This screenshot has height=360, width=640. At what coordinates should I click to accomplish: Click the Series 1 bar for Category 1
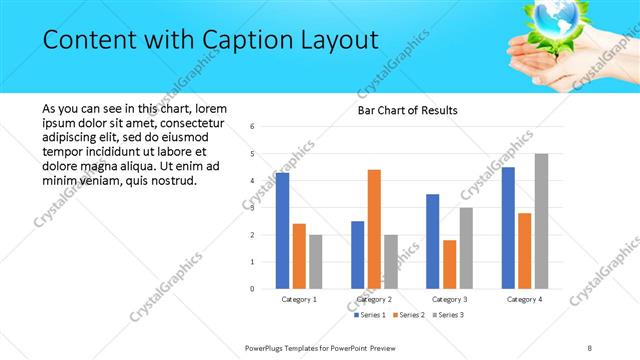point(282,230)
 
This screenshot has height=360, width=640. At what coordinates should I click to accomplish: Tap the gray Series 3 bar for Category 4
point(541,220)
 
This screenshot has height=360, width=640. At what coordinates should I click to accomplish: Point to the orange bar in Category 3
point(449,263)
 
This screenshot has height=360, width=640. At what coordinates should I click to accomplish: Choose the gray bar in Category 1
point(316,261)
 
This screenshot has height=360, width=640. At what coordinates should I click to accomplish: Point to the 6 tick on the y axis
point(253,126)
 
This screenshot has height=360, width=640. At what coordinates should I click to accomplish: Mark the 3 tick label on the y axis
point(253,207)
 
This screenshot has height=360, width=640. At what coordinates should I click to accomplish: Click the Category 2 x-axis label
point(374,299)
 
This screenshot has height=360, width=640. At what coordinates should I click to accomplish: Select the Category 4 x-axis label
point(524,299)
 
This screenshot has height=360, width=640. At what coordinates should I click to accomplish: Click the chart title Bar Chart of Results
point(408,110)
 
